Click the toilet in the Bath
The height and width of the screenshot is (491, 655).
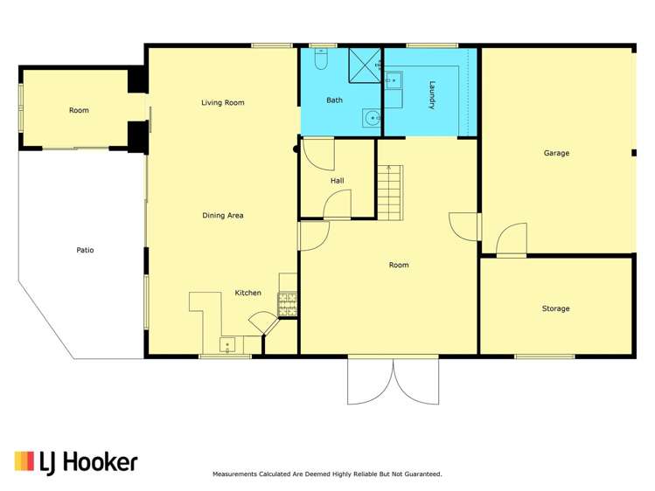[320, 61]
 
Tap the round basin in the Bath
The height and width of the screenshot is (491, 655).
[372, 117]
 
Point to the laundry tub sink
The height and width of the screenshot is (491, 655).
[394, 81]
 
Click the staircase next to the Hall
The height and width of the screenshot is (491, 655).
[391, 192]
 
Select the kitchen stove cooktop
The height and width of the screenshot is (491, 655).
[288, 304]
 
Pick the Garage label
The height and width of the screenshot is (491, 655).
[556, 153]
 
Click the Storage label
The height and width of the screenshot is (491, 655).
[555, 308]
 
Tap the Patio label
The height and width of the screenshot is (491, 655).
[84, 250]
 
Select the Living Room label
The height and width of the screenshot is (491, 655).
[222, 102]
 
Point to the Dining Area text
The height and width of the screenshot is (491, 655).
[222, 215]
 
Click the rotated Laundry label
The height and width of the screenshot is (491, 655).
[432, 95]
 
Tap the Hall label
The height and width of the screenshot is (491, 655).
[337, 181]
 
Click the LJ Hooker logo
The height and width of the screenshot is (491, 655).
[76, 461]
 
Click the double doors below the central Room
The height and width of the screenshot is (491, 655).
[393, 380]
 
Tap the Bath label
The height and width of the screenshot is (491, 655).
[334, 100]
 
